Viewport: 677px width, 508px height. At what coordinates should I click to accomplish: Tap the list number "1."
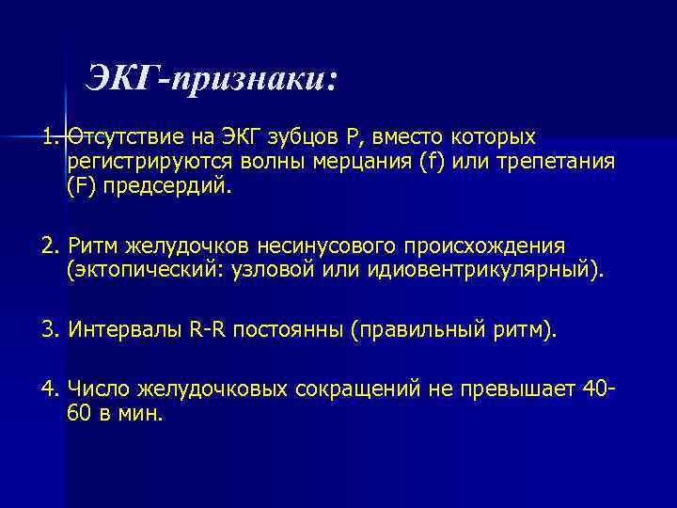(52, 137)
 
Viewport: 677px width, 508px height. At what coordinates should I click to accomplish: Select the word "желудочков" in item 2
(180, 246)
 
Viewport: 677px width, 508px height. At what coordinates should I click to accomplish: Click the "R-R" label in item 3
(209, 331)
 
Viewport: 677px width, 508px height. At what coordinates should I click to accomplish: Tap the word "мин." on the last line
(141, 415)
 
